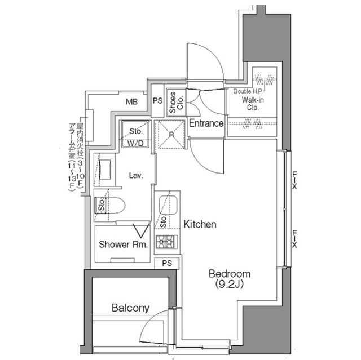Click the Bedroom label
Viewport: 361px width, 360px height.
pos(230,274)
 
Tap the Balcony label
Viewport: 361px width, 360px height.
pos(130,308)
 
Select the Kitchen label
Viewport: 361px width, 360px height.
pos(200,225)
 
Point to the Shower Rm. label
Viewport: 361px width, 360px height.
pos(124,245)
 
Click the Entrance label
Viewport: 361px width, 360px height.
pos(206,123)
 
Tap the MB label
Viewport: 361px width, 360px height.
pos(131,102)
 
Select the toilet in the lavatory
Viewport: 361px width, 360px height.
pos(115,206)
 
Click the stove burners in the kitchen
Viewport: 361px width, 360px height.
pos(167,243)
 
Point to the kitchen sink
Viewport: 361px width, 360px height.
pos(167,204)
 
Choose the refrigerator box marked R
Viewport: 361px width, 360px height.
pos(170,135)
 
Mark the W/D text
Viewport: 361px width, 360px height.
pos(135,143)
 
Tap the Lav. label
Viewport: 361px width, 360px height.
pos(135,175)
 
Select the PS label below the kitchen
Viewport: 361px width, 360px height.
pos(167,264)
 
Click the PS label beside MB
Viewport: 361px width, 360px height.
pos(158,102)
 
